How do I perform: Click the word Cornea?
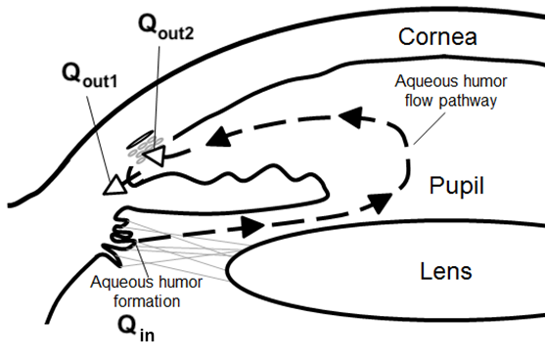click(436, 37)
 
